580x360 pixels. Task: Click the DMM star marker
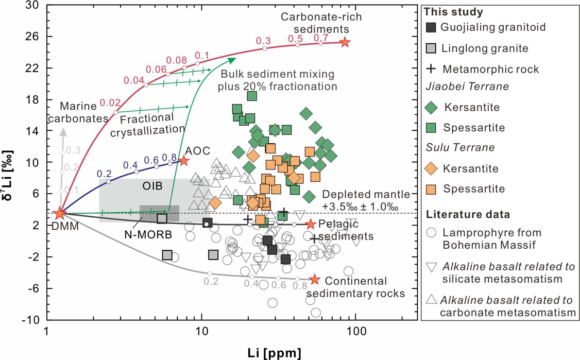click(60, 213)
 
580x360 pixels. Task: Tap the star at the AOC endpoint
click(183, 161)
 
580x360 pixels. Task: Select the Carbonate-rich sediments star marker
click(345, 42)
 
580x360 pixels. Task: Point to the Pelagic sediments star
click(310, 224)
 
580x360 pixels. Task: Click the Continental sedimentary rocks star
click(314, 280)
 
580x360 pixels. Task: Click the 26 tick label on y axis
click(32, 37)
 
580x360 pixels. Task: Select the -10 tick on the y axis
click(30, 319)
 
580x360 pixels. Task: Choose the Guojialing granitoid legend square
click(432, 27)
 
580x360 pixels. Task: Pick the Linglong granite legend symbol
click(432, 48)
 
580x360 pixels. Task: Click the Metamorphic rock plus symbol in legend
click(432, 68)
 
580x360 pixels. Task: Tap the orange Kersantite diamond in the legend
click(432, 168)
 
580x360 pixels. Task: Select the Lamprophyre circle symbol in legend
click(432, 233)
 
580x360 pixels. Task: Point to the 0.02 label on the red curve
click(110, 103)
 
